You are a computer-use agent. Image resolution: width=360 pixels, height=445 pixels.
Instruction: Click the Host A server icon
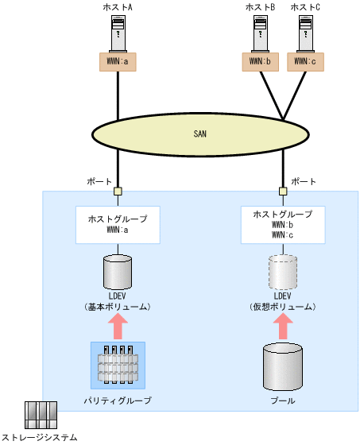tap(118, 33)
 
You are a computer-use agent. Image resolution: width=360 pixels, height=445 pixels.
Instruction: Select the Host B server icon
tap(261, 33)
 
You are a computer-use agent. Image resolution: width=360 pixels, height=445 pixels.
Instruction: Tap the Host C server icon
tap(306, 33)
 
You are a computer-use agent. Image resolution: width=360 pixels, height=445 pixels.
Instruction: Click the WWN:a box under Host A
tap(118, 60)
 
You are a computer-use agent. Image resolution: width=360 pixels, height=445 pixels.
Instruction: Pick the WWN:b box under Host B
tap(261, 60)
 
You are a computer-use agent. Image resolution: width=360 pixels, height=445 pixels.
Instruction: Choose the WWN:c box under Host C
tap(306, 60)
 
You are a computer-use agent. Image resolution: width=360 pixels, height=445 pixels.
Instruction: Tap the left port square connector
tap(118, 191)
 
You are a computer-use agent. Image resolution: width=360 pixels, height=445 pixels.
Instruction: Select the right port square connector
tap(282, 191)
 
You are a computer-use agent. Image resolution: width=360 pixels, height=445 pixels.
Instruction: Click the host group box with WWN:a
tap(118, 225)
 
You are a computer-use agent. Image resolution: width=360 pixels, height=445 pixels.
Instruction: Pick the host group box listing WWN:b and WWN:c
tap(282, 225)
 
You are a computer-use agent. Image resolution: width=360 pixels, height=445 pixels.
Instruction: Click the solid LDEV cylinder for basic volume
tap(118, 273)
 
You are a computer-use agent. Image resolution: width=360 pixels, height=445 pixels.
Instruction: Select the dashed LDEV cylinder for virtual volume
tap(282, 273)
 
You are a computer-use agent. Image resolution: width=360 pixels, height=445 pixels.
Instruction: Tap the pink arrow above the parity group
tap(118, 326)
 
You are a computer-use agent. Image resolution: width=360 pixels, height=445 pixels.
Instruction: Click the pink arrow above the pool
tap(282, 326)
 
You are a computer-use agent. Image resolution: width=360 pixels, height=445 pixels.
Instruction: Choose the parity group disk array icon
tap(118, 364)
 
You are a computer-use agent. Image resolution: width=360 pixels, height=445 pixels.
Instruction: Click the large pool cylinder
tap(282, 366)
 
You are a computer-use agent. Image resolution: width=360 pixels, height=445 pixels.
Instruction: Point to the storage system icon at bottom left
tap(37, 415)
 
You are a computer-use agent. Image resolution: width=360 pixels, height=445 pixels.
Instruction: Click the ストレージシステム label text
tap(40, 437)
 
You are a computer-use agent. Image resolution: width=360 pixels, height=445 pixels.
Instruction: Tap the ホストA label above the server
tap(118, 7)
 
